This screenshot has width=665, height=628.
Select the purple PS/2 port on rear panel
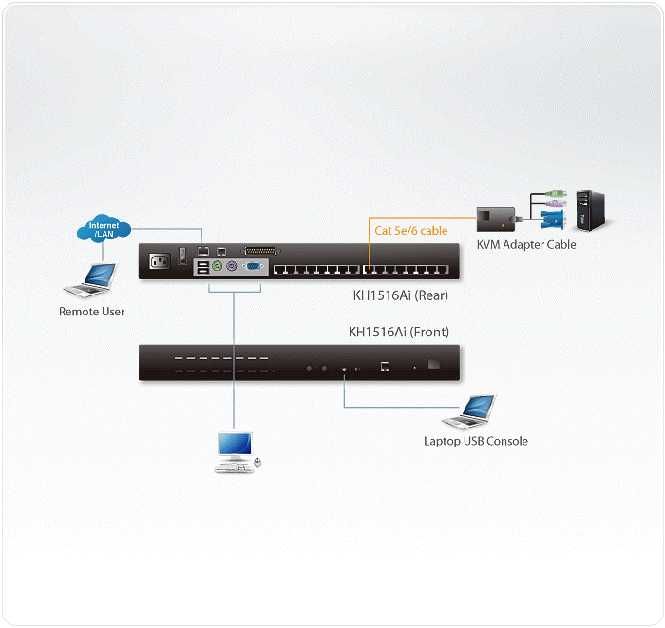(x=233, y=268)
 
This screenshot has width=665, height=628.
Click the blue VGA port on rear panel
(x=255, y=268)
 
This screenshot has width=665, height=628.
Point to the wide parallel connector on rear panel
(x=257, y=251)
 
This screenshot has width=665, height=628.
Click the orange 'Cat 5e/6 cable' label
(x=411, y=231)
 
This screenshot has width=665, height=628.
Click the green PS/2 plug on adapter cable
(x=556, y=198)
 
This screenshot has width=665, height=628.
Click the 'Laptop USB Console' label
(x=473, y=442)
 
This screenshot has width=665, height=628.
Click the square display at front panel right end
(x=435, y=364)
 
